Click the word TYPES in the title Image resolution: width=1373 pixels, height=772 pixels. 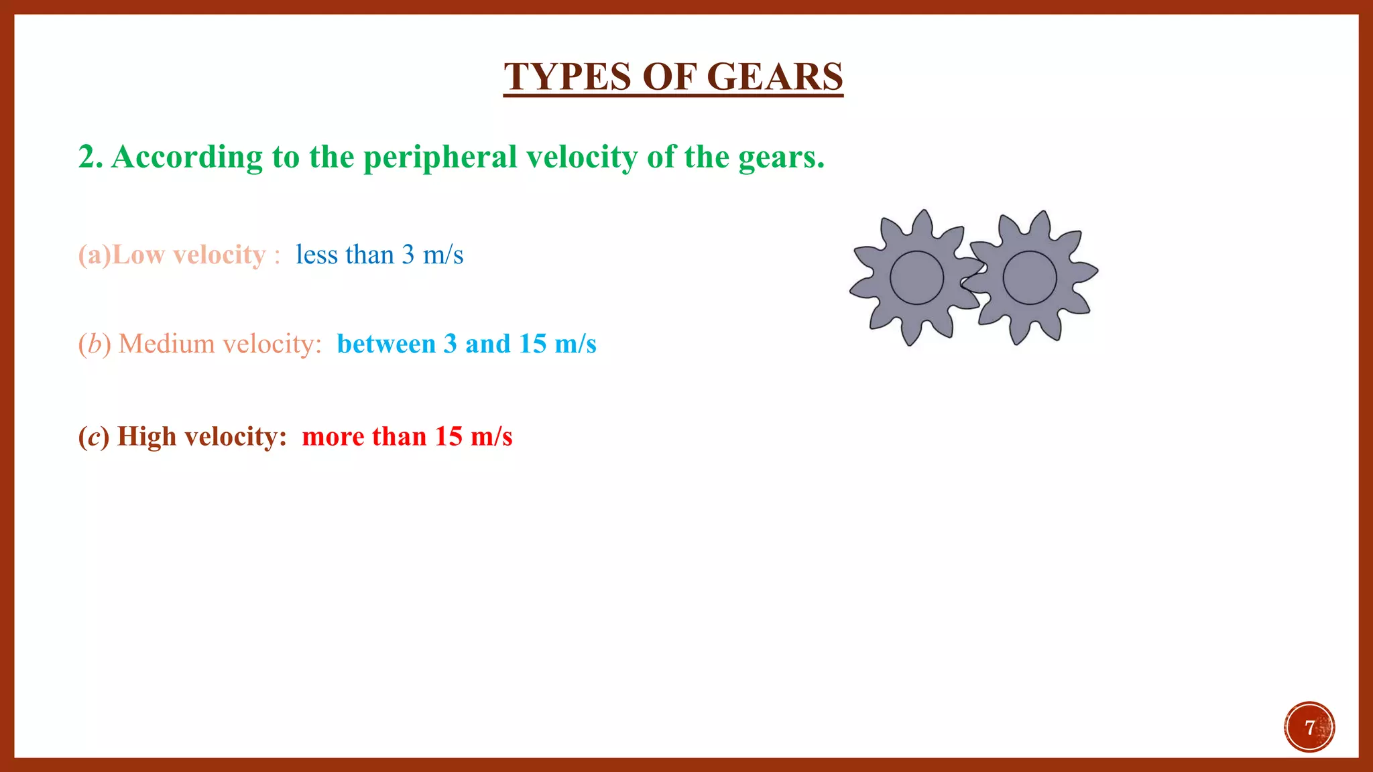pos(567,76)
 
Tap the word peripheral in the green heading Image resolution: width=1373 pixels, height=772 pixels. pos(440,157)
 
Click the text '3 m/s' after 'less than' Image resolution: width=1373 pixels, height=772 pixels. pos(432,255)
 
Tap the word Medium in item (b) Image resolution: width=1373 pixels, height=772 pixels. pos(166,344)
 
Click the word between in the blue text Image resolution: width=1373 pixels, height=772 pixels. pos(386,344)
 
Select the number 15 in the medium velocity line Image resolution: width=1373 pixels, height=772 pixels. pos(532,344)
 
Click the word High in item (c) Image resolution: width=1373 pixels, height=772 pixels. pos(146,437)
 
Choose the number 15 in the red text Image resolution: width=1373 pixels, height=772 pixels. pos(448,437)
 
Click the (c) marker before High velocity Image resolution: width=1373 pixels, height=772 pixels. pos(93,437)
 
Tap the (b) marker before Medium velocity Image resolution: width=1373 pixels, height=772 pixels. pos(94,344)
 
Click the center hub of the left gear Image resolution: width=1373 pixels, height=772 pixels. pos(916,277)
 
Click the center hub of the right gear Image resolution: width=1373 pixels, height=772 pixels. pos(1030,277)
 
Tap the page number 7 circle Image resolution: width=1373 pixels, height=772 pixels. pos(1309,727)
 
